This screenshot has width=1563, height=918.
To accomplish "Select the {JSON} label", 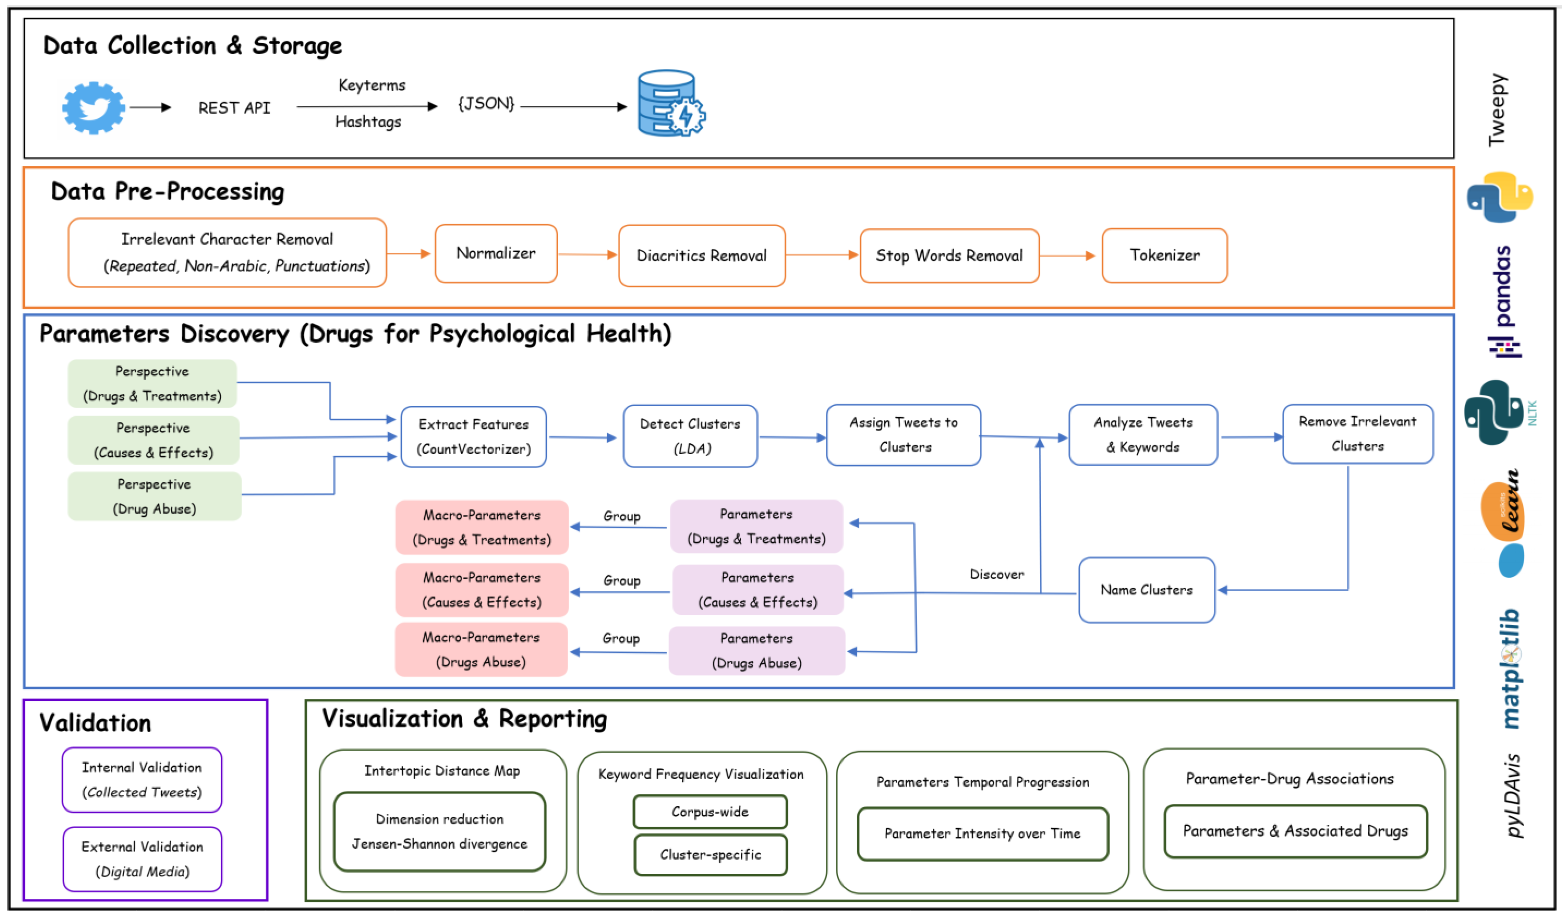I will [486, 103].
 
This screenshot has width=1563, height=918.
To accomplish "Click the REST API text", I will [234, 108].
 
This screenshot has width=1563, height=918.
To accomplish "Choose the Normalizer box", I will [496, 253].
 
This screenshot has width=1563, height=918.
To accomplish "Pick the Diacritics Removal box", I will [702, 256].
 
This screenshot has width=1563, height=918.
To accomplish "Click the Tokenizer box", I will [1164, 256].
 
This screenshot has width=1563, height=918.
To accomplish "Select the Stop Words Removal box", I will [949, 256].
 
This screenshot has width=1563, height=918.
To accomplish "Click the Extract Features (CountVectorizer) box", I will [473, 436].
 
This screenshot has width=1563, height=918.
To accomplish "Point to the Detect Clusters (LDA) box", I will [690, 436].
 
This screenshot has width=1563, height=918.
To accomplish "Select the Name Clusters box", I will [1146, 589].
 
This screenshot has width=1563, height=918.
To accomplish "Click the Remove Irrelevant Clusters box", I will [1357, 433].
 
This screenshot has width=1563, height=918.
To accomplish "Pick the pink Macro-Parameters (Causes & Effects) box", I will [481, 589].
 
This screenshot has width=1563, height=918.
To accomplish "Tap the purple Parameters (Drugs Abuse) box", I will [756, 650].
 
